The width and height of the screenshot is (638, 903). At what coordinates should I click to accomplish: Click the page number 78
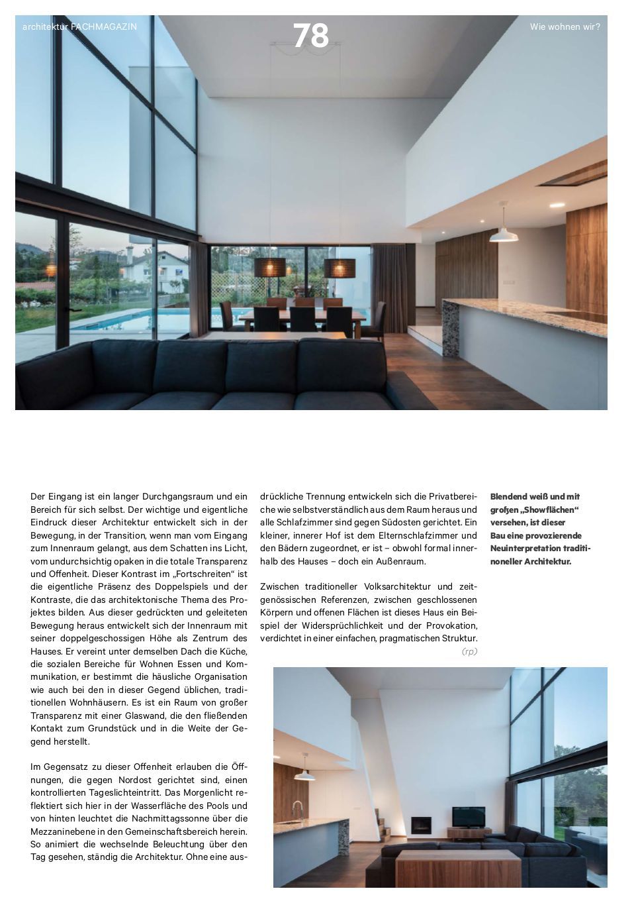[310, 36]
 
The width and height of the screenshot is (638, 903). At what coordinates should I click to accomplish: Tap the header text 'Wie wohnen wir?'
[565, 27]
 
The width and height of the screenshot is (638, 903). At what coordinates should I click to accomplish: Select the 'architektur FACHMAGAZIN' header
[79, 27]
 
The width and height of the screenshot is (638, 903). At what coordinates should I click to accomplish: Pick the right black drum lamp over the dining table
[340, 268]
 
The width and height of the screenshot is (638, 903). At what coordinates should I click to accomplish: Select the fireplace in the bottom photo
[421, 825]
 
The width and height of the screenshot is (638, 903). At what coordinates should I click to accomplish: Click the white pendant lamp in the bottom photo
[304, 773]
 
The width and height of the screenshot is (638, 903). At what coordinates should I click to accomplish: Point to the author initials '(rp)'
[469, 652]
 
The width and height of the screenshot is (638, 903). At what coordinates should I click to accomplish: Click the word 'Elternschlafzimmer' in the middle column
[403, 535]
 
